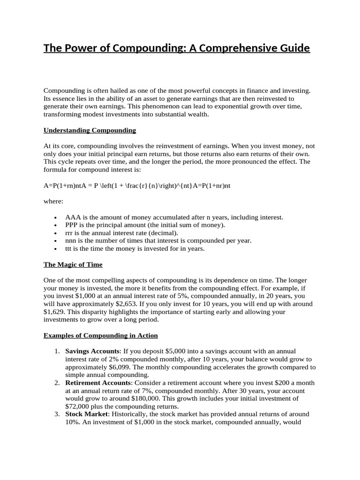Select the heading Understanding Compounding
pos(90,130)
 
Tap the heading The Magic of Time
pos(73,264)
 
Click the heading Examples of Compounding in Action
pos(100,336)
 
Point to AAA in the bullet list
pos(73,217)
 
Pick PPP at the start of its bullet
pos(72,225)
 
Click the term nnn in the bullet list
pos(72,240)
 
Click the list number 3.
pos(56,414)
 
